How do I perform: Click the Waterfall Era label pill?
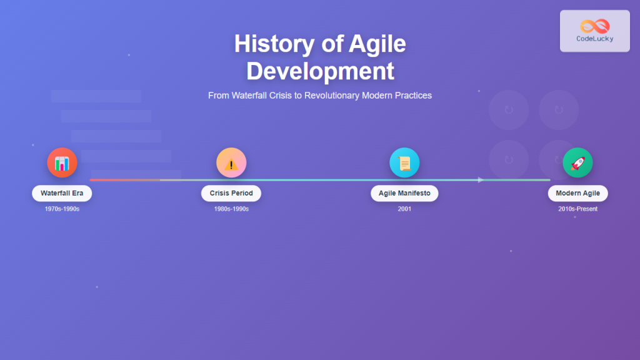pos(62,193)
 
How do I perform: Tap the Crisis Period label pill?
pos(231,193)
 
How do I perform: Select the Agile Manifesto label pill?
pos(404,193)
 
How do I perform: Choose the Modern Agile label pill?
pos(577,193)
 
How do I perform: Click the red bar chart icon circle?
pos(62,163)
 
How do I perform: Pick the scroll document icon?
pos(404,163)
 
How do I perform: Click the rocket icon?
pos(577,163)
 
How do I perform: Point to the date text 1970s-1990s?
pos(62,209)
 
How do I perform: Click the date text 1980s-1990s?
pos(231,209)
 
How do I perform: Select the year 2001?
pos(404,209)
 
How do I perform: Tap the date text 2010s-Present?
pos(577,209)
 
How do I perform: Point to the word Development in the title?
pos(320,71)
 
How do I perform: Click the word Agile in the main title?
pos(377,44)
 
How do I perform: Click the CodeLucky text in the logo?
pos(594,39)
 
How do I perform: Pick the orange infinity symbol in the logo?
pos(594,26)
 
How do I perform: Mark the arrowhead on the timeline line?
pos(481,180)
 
